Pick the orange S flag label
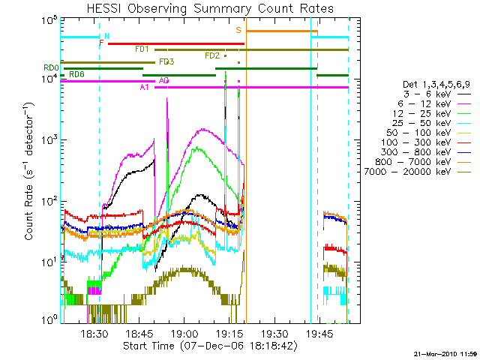tap(238, 30)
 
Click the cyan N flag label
tap(106, 36)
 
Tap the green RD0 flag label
tap(51, 67)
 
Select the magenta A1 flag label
tap(145, 88)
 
